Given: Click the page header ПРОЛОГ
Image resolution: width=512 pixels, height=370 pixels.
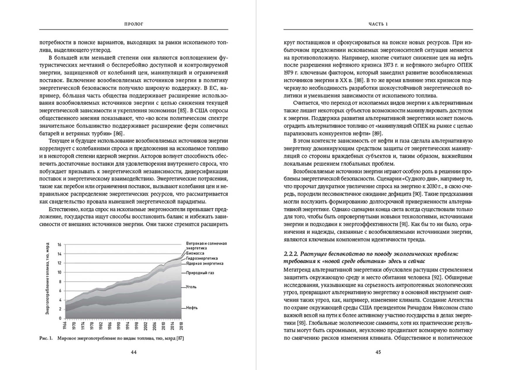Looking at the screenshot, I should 134,24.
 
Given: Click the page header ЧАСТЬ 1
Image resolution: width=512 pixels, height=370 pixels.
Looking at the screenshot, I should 378,24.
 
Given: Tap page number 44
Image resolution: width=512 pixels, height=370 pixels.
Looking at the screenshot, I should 134,352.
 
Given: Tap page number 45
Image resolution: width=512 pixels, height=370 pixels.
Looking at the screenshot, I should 378,352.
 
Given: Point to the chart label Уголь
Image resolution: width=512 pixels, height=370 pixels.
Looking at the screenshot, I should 191,287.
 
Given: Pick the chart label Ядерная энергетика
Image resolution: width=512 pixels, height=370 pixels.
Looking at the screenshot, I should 205,263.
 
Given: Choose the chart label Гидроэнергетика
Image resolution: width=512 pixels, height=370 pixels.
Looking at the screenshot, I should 202,258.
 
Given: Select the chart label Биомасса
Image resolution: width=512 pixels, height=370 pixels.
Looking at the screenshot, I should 195,253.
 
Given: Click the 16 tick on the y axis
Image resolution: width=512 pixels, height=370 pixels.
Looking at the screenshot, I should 59,245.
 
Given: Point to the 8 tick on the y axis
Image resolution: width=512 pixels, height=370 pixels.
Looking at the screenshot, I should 60,281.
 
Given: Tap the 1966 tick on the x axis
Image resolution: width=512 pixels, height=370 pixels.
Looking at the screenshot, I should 65,326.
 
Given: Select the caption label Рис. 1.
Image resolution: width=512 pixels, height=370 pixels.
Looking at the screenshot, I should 46,338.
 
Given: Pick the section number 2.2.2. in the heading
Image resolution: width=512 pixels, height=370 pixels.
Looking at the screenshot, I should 291,254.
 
